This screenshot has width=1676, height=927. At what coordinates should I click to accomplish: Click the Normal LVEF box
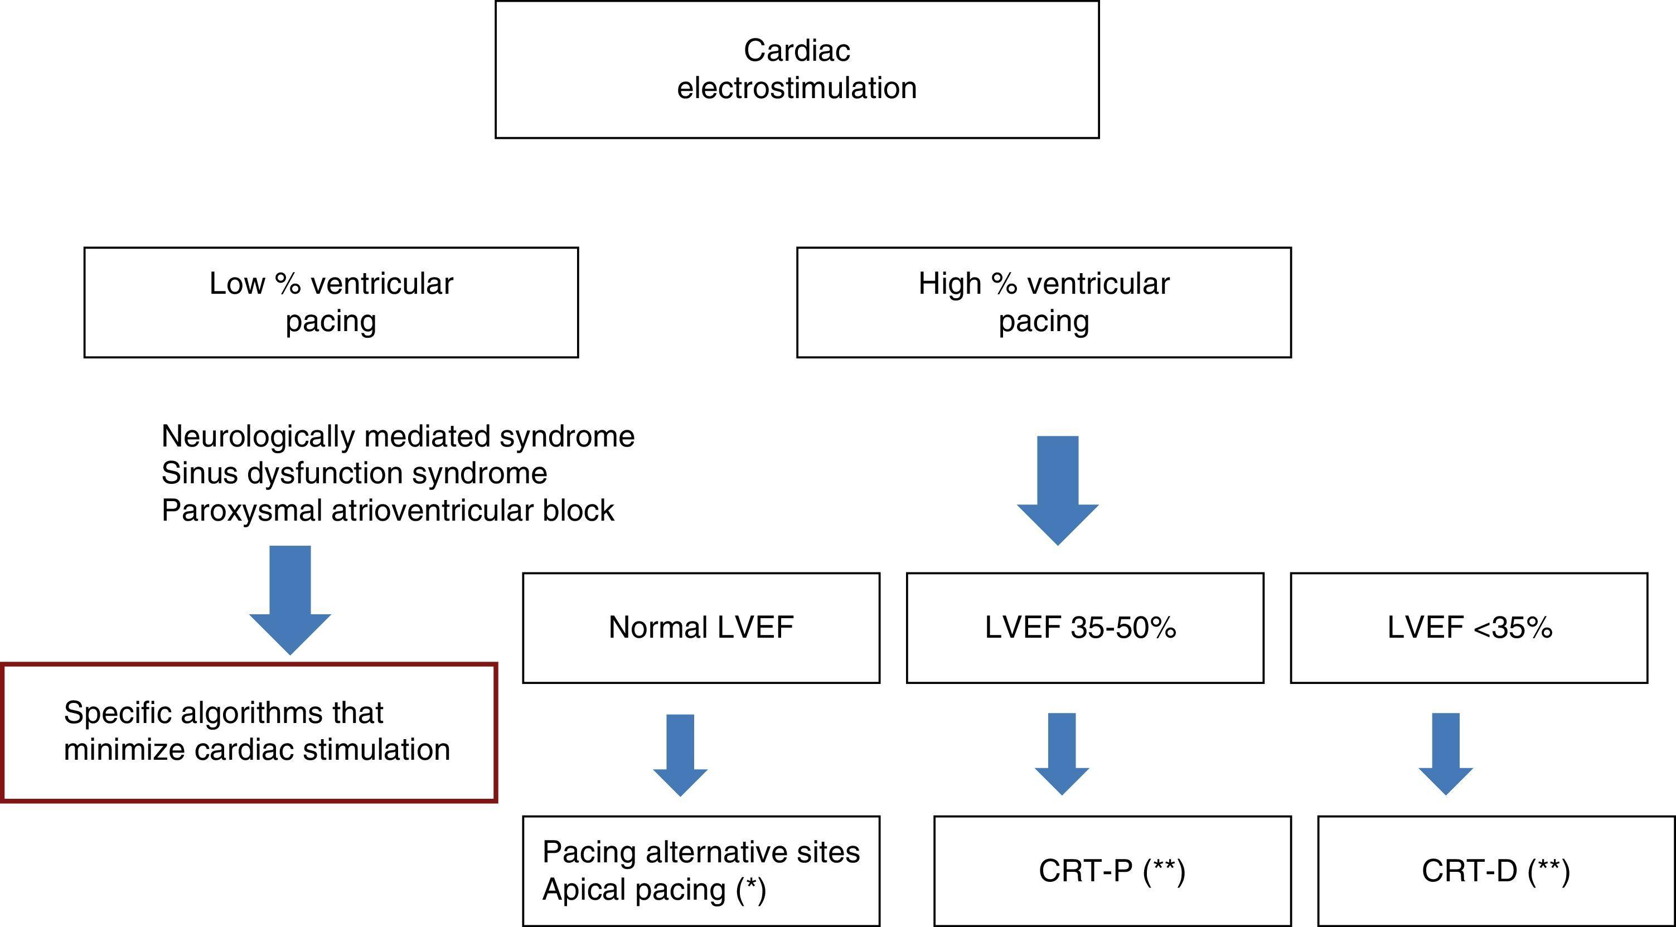tap(701, 628)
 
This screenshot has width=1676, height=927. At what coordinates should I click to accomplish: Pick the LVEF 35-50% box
tap(1084, 628)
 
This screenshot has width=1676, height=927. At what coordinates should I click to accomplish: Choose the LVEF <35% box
tap(1469, 628)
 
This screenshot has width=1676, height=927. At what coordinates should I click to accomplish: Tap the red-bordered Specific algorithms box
tap(250, 732)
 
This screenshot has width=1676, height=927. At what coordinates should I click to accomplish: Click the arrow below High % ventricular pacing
tap(1057, 491)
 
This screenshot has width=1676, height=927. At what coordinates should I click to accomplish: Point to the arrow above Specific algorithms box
tap(290, 600)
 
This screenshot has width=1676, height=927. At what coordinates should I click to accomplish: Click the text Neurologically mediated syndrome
tap(398, 436)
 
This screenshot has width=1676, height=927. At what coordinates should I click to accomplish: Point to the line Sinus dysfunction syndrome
tap(354, 473)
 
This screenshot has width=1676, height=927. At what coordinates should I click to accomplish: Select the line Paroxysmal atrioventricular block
tap(387, 510)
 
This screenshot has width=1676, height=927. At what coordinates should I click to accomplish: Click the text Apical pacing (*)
tap(654, 889)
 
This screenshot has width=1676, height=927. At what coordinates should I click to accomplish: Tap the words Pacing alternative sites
tap(701, 852)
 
